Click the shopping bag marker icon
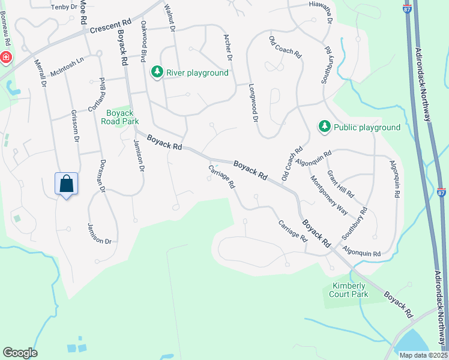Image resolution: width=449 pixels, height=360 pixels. click(67, 184)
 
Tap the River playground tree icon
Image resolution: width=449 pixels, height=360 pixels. click(157, 73)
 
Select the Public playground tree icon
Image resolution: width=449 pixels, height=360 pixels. click(325, 127)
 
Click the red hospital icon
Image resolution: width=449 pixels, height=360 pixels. click(5, 58)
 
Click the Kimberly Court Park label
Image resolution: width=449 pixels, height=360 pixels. click(350, 290)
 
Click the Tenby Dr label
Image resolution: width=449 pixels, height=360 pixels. click(65, 7)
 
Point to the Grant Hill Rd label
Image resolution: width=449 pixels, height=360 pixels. click(340, 185)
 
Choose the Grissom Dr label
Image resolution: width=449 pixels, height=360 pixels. click(76, 126)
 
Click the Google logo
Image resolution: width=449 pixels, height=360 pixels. click(20, 353)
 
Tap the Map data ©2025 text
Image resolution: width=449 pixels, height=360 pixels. click(423, 355)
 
